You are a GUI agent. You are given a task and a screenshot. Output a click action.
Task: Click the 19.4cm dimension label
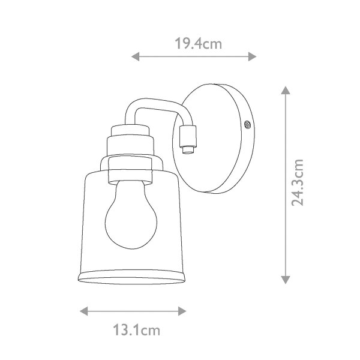point(199,44)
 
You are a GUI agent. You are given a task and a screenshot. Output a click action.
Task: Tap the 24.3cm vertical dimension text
point(298,182)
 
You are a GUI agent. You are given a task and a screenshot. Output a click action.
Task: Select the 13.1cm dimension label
point(137,330)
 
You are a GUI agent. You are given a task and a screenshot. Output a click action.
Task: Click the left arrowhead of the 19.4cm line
point(135,56)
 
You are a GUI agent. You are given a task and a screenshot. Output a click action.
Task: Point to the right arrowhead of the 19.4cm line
point(253,56)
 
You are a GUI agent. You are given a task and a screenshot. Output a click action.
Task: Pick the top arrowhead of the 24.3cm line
point(286,90)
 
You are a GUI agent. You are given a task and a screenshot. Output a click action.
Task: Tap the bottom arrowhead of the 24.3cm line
point(286,280)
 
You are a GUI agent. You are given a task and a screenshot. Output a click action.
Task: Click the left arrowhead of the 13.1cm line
point(84,311)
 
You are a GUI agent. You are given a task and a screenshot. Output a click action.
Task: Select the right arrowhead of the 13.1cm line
point(182,311)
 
